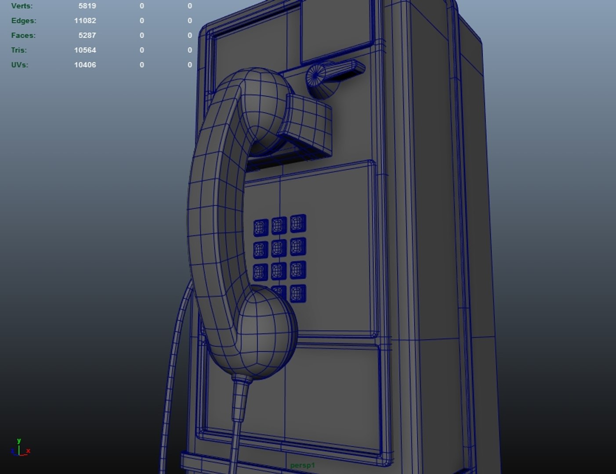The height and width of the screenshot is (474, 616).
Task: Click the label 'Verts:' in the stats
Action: coord(22,6)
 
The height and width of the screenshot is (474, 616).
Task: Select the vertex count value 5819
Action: coord(87,6)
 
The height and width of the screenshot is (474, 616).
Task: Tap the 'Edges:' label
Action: coord(24,21)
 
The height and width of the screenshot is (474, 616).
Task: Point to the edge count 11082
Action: coord(85,21)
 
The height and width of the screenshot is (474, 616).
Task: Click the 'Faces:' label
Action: coord(23,36)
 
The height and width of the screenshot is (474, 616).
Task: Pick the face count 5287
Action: coord(87,36)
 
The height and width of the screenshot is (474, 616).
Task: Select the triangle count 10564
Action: coord(85,50)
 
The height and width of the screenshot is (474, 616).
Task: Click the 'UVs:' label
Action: coord(20,65)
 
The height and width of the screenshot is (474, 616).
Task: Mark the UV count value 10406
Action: coord(85,65)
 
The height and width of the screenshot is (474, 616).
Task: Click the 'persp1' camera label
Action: coord(302,465)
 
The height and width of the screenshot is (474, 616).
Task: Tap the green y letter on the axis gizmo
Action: coord(19,441)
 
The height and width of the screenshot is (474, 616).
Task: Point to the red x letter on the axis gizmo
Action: coord(28,451)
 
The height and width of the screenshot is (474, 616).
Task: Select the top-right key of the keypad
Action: coord(298,223)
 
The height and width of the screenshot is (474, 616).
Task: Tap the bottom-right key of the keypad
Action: coord(298,293)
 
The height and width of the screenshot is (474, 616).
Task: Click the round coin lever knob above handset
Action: coord(317,77)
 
